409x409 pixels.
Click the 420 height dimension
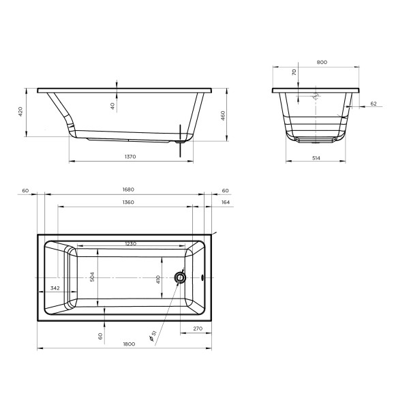[20, 111]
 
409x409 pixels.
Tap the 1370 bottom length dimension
[131, 157]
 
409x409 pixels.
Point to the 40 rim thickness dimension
[113, 106]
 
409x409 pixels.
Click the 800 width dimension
[322, 62]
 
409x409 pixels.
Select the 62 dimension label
[373, 103]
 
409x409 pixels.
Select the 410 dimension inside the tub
[158, 278]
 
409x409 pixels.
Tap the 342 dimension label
[55, 289]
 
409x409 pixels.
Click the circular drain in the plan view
[181, 277]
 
